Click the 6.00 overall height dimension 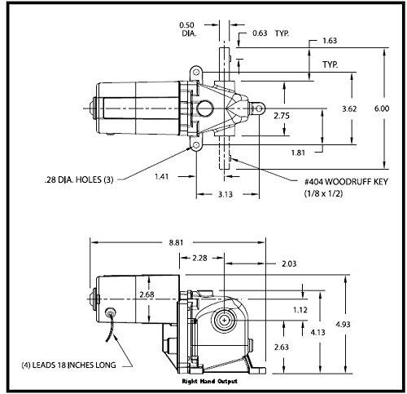point(382,108)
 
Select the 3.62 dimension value point(349,109)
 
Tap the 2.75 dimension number point(282,116)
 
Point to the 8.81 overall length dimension point(176,242)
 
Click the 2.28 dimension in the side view point(199,258)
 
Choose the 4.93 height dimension point(343,325)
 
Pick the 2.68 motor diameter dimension point(147,294)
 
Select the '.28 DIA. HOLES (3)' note point(79,179)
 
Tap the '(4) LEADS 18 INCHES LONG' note point(68,365)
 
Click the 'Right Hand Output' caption point(209,381)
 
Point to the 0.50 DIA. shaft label point(187,29)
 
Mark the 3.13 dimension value point(225,194)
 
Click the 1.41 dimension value point(162,177)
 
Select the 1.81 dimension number point(298,153)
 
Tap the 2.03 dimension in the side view point(289,263)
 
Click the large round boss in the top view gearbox point(205,108)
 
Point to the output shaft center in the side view point(224,321)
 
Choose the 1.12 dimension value point(300,310)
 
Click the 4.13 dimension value point(317,332)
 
